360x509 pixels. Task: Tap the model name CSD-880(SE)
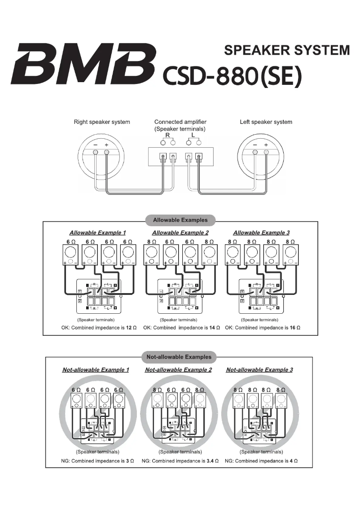232,76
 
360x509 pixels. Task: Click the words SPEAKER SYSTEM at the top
286,50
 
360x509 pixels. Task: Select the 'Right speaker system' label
102,122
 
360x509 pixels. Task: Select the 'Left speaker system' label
266,122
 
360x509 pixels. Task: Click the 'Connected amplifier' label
180,122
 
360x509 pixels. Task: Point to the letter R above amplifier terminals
167,135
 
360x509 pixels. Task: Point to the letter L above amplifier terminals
193,135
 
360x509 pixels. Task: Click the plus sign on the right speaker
106,145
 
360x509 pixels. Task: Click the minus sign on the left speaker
255,145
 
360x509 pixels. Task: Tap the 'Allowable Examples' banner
180,220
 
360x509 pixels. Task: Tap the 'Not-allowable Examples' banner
179,357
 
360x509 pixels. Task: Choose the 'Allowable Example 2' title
180,233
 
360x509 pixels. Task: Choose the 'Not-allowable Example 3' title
259,370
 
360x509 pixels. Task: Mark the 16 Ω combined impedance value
295,328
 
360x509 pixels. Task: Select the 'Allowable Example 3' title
261,233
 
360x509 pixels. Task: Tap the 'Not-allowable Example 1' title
96,370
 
